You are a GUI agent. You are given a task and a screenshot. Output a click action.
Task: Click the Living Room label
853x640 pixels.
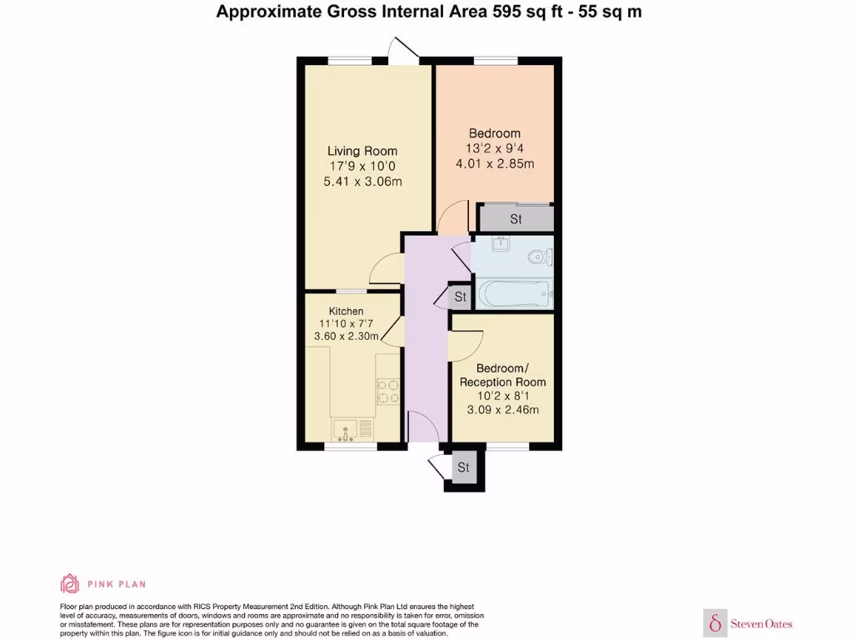(362, 151)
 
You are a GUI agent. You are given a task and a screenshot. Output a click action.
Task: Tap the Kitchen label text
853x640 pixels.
(346, 311)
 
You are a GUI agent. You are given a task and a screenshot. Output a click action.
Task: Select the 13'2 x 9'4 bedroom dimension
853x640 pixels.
(494, 148)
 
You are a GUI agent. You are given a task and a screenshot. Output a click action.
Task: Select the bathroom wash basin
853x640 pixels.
(501, 244)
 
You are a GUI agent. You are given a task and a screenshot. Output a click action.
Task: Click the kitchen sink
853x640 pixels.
(347, 430)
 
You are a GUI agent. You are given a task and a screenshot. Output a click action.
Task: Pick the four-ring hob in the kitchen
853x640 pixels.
(388, 392)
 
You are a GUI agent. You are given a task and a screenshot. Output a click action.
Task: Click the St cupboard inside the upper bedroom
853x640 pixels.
(516, 219)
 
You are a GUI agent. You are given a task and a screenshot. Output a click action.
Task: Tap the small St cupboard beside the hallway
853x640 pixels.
(459, 297)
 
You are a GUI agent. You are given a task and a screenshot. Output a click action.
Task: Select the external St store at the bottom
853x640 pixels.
(463, 467)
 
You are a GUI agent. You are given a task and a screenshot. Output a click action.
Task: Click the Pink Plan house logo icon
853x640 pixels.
(70, 583)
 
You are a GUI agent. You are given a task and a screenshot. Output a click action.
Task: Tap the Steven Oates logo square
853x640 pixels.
(715, 622)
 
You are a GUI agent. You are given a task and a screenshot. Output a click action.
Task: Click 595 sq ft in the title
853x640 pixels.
(525, 12)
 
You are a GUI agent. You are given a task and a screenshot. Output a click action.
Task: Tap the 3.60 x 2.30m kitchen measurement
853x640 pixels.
(346, 337)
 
